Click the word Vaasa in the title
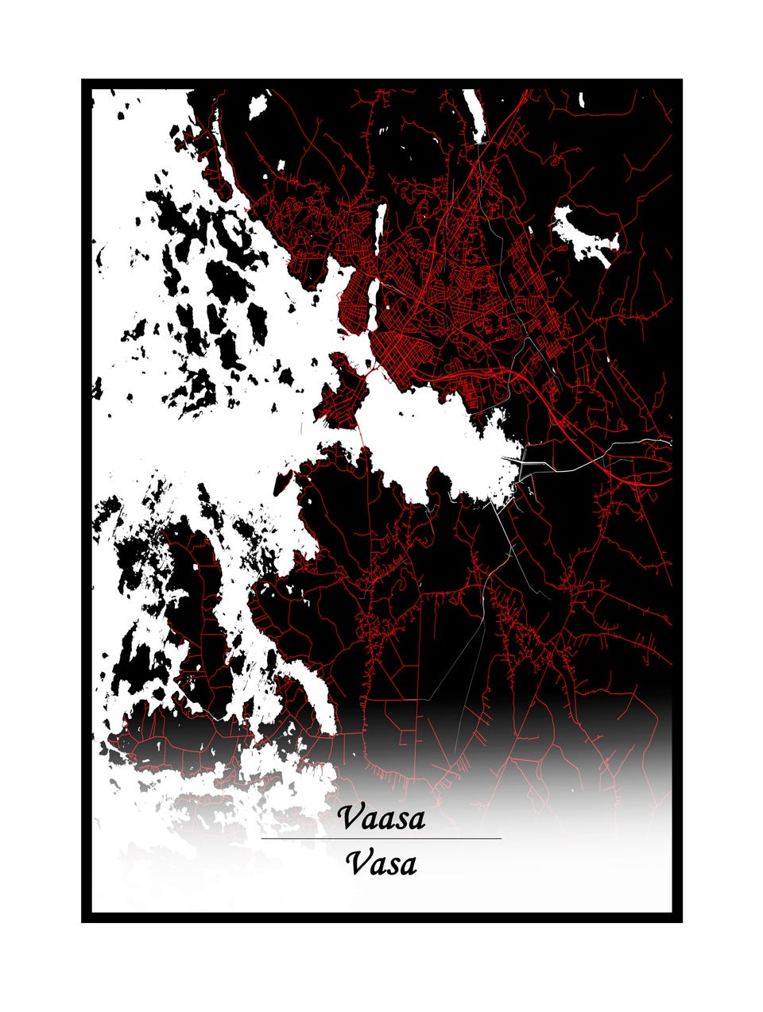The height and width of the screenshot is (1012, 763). coord(381,817)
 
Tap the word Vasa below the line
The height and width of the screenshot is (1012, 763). coord(381,863)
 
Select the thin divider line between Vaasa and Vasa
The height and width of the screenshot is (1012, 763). coord(381,838)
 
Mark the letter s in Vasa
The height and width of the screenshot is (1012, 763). coord(391,865)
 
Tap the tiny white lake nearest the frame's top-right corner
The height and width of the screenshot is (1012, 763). coord(582,101)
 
